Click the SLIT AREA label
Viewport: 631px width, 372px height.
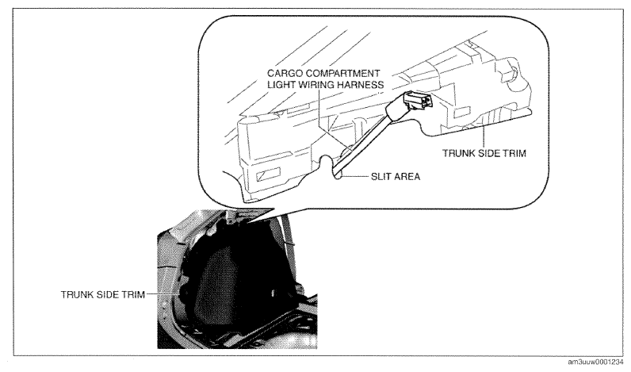396,177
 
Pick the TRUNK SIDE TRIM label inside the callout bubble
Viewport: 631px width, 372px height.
484,153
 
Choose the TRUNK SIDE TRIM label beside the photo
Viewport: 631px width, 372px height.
102,294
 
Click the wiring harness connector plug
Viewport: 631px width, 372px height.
417,99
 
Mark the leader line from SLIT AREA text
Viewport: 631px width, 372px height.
356,176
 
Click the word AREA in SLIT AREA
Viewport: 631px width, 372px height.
407,177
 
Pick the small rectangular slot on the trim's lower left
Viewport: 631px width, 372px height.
266,174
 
